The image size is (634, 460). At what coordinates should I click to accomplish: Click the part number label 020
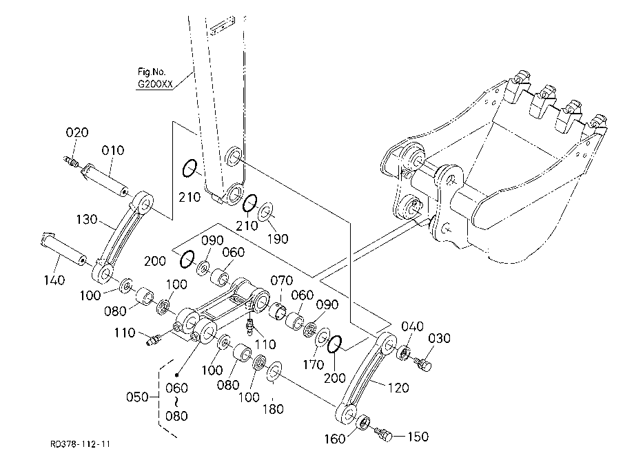[76, 132]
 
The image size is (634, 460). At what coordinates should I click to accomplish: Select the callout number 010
[112, 151]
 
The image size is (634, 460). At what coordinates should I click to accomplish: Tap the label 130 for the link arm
[87, 220]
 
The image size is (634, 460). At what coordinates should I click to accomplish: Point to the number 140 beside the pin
[54, 280]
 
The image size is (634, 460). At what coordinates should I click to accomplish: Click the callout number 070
[281, 280]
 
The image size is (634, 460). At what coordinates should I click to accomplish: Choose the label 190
[278, 239]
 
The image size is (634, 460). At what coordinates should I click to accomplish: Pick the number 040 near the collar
[412, 326]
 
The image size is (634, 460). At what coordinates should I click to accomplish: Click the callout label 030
[439, 338]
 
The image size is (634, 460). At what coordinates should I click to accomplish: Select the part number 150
[418, 437]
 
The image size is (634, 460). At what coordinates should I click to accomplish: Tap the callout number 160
[335, 439]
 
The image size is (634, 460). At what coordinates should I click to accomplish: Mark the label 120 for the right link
[398, 388]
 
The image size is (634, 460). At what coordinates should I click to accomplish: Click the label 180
[273, 410]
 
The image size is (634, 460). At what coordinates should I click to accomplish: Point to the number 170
[314, 365]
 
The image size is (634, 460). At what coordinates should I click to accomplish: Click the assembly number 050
[137, 397]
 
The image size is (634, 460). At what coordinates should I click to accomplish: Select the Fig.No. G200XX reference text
[155, 79]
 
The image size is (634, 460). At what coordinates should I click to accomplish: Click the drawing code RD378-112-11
[80, 444]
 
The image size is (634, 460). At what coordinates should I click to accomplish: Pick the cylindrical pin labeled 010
[105, 180]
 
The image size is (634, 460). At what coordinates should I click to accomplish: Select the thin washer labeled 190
[265, 212]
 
